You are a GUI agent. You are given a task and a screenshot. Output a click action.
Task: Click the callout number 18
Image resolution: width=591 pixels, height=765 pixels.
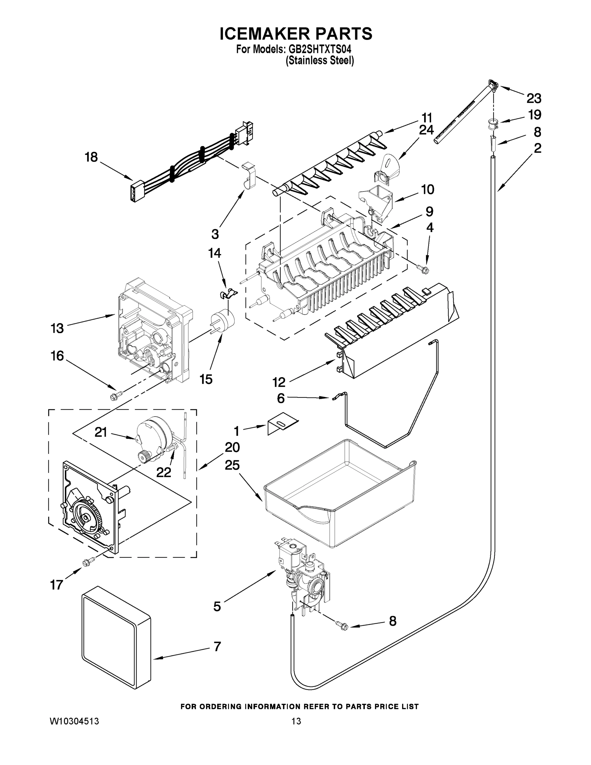[x=91, y=157]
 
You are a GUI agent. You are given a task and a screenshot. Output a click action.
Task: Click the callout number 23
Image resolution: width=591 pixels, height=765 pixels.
[x=534, y=98]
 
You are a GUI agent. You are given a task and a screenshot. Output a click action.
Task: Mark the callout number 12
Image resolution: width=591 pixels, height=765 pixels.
[x=279, y=382]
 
